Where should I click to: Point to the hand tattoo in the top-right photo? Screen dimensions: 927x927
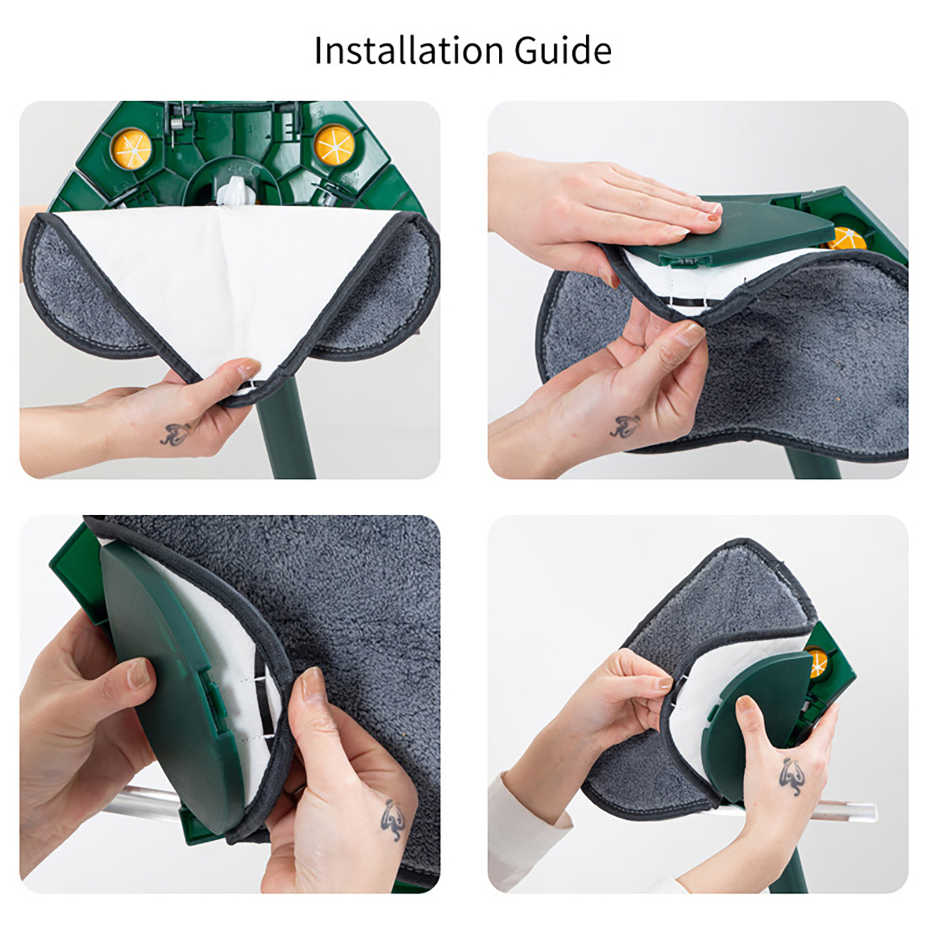pyautogui.click(x=626, y=425)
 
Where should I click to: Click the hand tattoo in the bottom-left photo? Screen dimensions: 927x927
pyautogui.click(x=393, y=819)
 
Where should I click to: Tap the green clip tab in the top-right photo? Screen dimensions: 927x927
pyautogui.click(x=684, y=262)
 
